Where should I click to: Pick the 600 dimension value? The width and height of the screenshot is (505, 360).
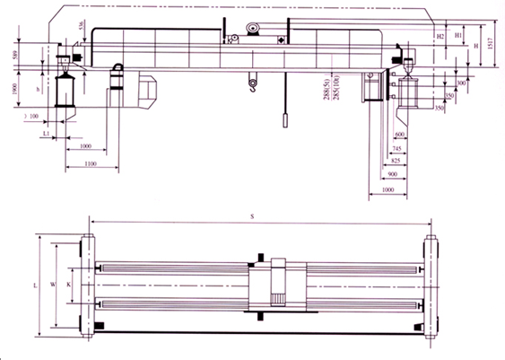click(x=398, y=135)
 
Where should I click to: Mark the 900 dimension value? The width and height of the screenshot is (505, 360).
click(x=392, y=175)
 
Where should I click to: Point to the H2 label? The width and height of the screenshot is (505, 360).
click(x=440, y=36)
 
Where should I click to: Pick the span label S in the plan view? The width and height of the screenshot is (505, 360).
click(x=253, y=216)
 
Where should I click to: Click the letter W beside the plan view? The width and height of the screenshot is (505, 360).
click(x=53, y=284)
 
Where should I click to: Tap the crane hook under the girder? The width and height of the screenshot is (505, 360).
click(x=253, y=86)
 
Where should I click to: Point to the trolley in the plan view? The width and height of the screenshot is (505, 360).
click(x=278, y=285)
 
